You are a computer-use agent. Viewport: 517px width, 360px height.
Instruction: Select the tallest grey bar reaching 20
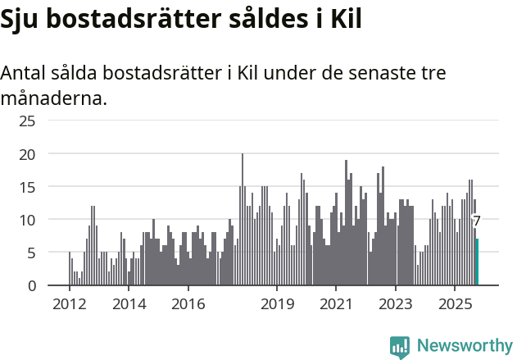243,220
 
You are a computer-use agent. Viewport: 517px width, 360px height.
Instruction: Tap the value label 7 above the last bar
476,221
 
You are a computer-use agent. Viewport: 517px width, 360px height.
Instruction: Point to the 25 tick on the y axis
27,121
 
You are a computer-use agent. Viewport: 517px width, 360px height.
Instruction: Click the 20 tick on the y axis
27,154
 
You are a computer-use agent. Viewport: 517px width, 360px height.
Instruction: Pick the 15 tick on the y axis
27,187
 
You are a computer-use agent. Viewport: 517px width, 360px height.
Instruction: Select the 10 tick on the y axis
27,220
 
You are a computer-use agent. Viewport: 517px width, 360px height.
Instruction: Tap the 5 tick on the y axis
30,253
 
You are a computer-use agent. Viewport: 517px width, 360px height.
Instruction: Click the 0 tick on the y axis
30,285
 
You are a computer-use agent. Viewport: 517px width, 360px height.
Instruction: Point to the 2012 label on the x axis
69,305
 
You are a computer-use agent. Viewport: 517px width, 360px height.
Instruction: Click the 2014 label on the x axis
128,305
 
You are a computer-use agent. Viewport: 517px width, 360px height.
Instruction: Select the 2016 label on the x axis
188,305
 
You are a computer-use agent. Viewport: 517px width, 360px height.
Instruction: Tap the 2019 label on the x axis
277,305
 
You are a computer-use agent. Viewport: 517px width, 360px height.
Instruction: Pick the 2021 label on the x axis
336,305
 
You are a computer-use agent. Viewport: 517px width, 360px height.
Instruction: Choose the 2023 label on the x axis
396,305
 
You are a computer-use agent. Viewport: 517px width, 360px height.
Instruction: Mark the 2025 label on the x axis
455,305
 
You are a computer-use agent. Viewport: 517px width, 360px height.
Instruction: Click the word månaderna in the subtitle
53,99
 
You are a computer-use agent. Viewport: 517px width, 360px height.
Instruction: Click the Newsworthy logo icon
400,347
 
